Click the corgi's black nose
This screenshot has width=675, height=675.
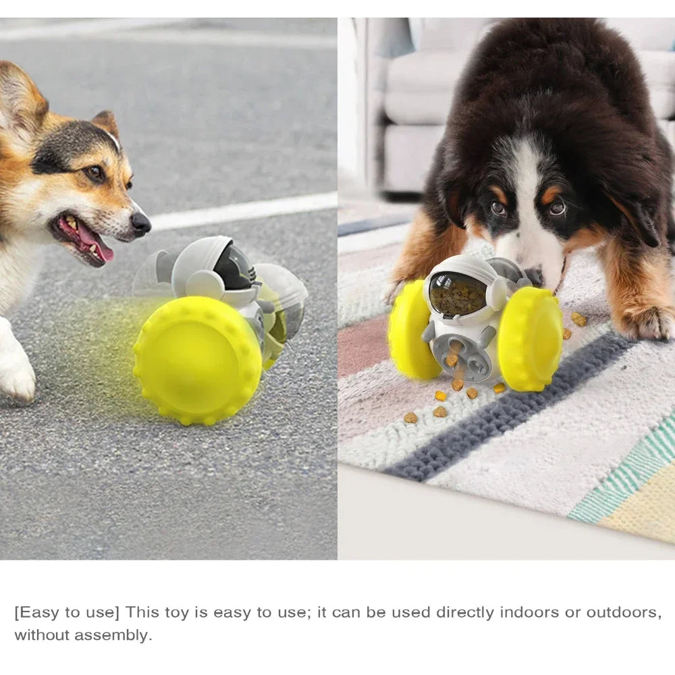coord(141,223)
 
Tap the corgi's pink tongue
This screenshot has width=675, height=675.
coord(94,244)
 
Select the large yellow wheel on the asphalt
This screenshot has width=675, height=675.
coord(197,360)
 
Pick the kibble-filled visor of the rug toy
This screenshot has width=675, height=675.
coord(458,294)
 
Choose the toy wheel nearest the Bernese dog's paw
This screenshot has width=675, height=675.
coord(530,339)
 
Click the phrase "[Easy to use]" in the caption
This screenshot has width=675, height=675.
coord(67,612)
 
